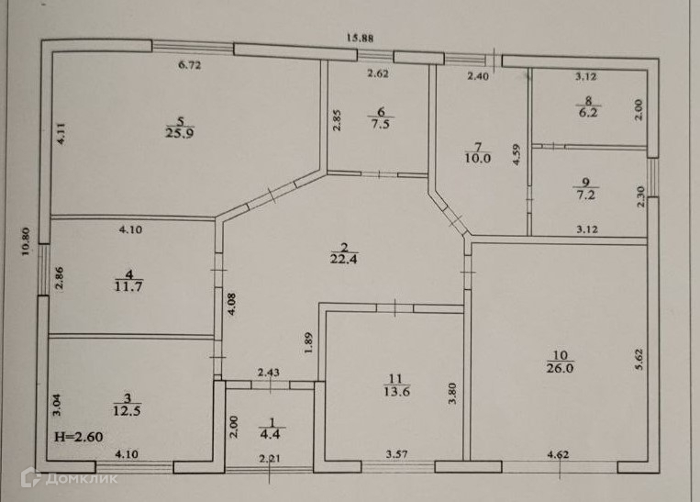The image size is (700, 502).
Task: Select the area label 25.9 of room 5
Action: point(180,132)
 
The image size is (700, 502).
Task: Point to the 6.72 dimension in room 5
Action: point(189,64)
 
